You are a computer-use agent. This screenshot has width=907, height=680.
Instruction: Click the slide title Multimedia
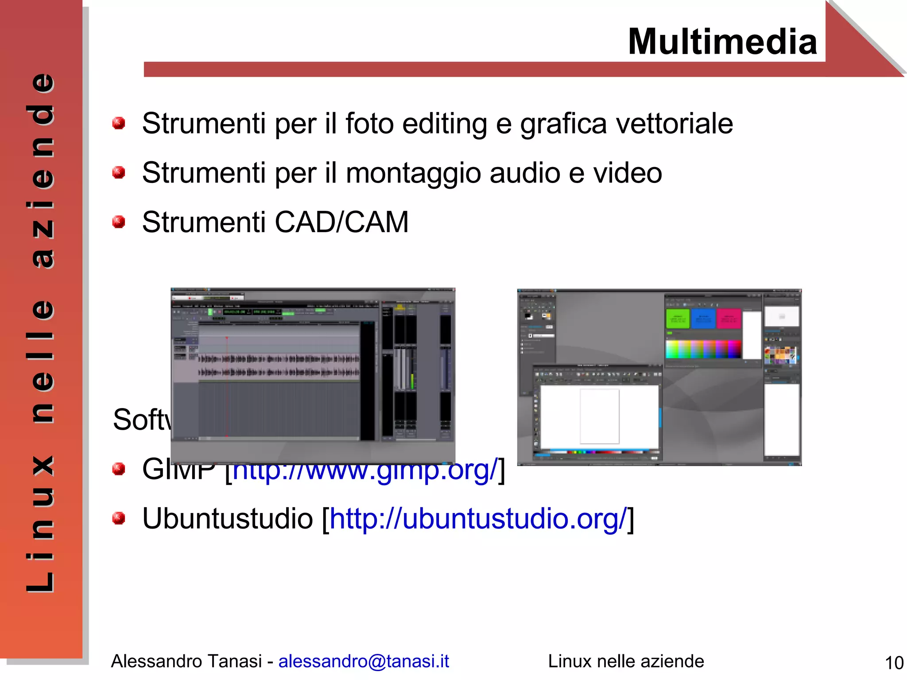pyautogui.click(x=722, y=42)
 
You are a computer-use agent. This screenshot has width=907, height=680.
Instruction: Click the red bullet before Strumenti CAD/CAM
pyautogui.click(x=118, y=221)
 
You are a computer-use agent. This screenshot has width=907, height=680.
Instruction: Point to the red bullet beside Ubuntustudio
pyautogui.click(x=118, y=518)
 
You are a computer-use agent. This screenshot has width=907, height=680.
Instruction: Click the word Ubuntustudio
pyautogui.click(x=227, y=519)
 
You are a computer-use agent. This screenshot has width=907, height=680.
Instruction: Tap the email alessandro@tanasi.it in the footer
pyautogui.click(x=363, y=661)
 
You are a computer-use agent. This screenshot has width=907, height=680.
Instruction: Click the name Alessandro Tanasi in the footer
pyautogui.click(x=186, y=661)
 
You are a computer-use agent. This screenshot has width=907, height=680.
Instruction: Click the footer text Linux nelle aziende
pyautogui.click(x=625, y=661)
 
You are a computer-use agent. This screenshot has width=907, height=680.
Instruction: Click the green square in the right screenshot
pyautogui.click(x=677, y=319)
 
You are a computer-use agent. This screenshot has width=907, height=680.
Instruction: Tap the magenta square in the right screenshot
pyautogui.click(x=728, y=319)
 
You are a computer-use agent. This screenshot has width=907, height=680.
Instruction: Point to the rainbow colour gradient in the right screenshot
pyautogui.click(x=703, y=349)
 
